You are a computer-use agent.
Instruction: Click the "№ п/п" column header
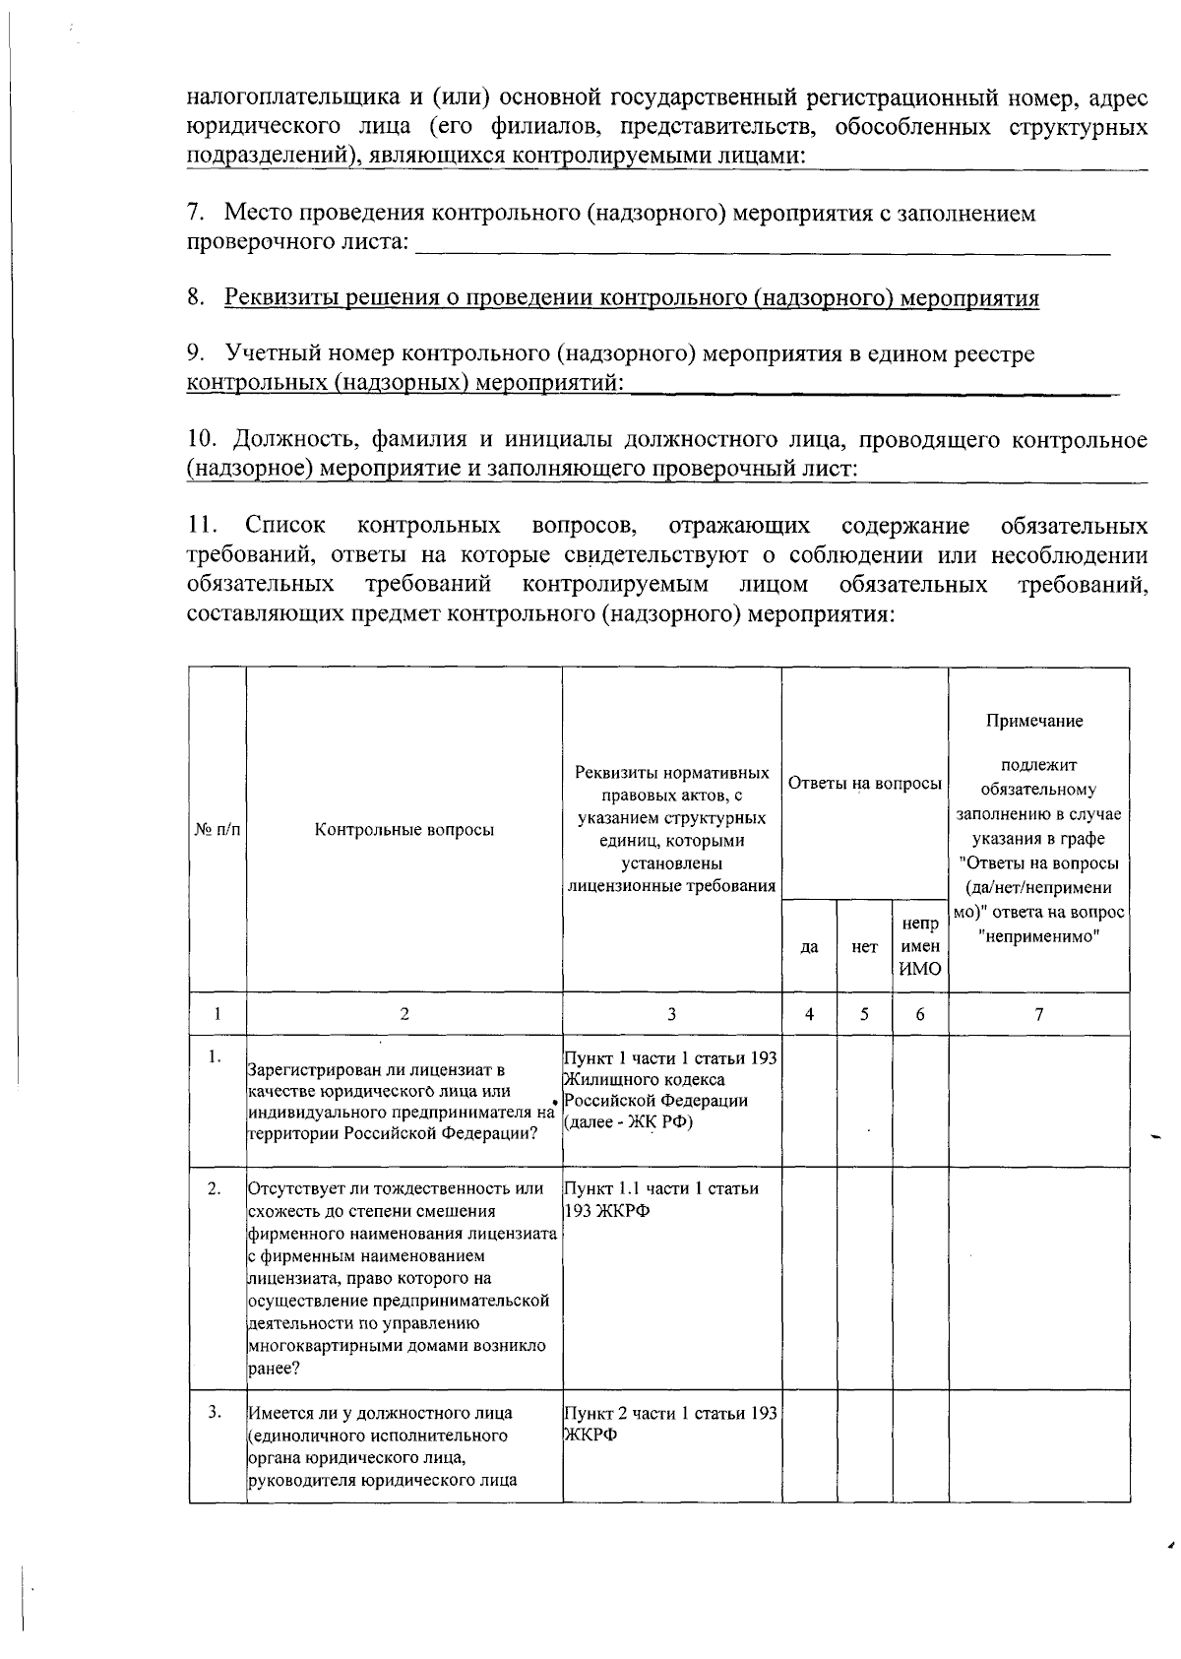click(x=218, y=829)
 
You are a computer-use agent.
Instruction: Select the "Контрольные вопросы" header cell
click(x=404, y=829)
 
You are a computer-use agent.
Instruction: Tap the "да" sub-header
click(x=809, y=946)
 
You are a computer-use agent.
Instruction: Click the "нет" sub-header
click(x=864, y=946)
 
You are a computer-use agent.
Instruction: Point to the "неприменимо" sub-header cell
click(x=919, y=946)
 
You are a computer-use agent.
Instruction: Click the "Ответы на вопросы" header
click(x=865, y=784)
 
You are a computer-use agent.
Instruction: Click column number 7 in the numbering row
click(x=1038, y=1014)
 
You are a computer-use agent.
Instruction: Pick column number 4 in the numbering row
click(x=809, y=1014)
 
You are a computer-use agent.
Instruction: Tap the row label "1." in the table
click(x=215, y=1056)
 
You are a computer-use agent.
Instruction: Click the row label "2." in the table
click(x=215, y=1188)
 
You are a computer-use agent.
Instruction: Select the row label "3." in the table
click(x=215, y=1413)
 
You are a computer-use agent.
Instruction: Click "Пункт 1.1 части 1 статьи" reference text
click(x=660, y=1188)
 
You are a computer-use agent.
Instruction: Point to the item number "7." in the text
click(x=196, y=214)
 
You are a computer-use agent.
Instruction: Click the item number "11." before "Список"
click(x=202, y=525)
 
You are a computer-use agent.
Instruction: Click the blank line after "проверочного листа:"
click(x=763, y=243)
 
